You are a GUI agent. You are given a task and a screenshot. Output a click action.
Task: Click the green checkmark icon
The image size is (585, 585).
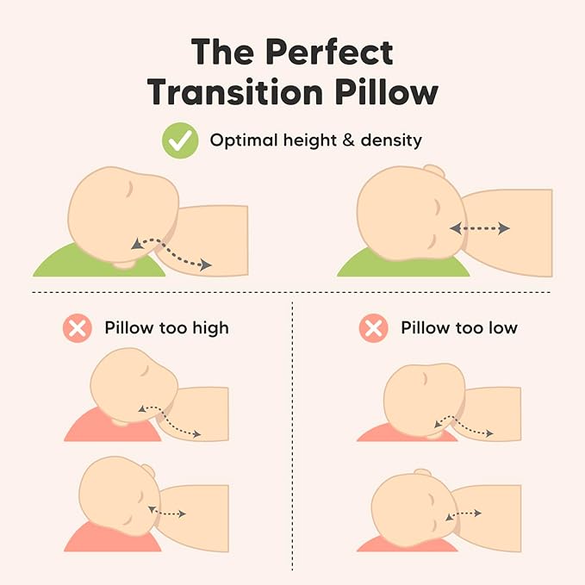coord(180,140)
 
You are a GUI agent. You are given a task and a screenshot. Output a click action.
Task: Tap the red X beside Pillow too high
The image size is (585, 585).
coord(78,328)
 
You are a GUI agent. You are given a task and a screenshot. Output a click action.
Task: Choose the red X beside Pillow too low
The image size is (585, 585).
coord(373,328)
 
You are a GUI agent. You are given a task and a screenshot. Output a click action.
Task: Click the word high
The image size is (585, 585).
coord(210,328)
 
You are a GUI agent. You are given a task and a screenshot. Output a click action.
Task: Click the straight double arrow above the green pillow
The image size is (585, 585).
coord(480,228)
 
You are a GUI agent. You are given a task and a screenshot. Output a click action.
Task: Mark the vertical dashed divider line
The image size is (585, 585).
coord(293,431)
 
